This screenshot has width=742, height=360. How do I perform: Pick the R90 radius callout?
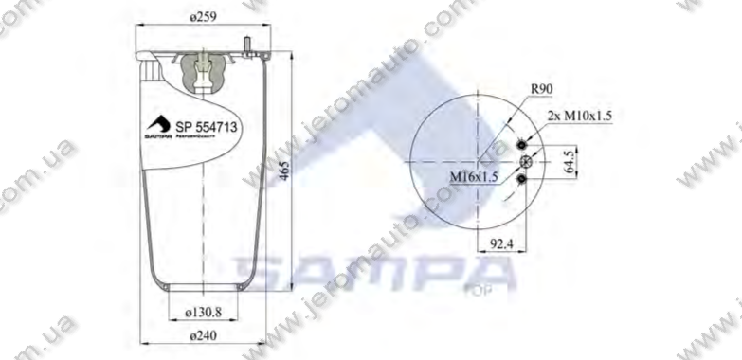(x=541, y=89)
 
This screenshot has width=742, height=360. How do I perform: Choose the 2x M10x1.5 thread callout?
(x=581, y=116)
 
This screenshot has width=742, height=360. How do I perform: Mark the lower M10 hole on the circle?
(x=522, y=179)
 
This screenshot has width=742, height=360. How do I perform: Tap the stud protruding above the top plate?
(x=246, y=44)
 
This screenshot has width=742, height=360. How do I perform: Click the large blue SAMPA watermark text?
(x=379, y=274)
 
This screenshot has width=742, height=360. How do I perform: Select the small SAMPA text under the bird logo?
(x=155, y=136)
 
